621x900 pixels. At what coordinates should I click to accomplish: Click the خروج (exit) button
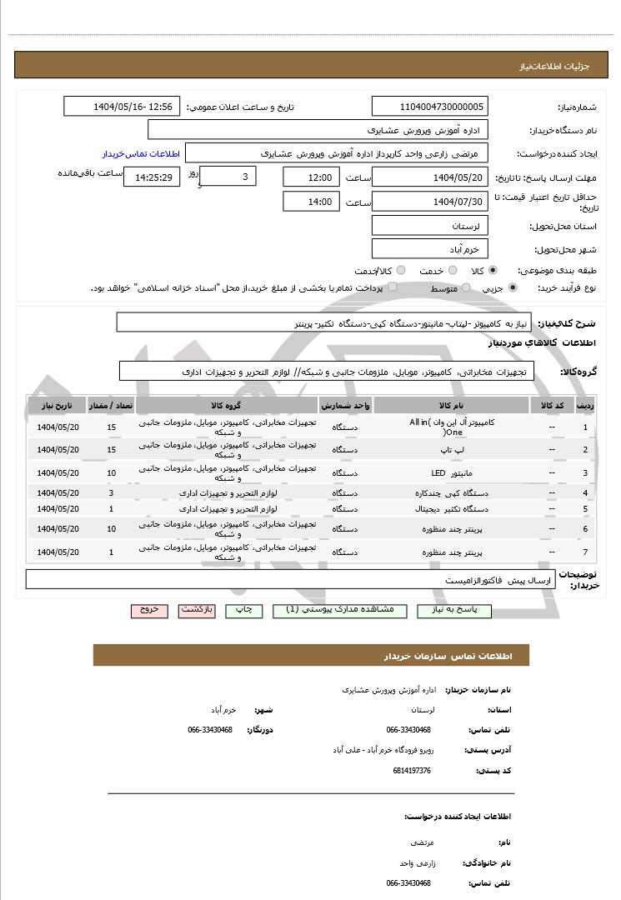coord(149,610)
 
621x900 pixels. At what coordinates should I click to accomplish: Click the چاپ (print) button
coord(243,610)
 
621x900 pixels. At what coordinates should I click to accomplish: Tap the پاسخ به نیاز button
coord(458,610)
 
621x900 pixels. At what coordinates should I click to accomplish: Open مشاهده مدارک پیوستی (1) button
coord(339,610)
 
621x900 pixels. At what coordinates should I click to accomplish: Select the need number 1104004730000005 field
coord(430,107)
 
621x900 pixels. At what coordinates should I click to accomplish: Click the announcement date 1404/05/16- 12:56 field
coord(122,107)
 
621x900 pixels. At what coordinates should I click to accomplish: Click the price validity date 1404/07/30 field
coord(430,202)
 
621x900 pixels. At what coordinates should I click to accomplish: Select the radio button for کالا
coord(494,271)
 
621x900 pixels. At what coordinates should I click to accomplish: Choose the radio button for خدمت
coord(452,271)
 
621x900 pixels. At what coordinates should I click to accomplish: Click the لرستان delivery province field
coord(430,226)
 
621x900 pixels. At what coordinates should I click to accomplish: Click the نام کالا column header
coord(453,405)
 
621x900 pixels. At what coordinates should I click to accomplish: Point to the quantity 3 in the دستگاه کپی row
coord(111,492)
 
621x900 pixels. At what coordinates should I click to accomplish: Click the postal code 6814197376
coord(411,771)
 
